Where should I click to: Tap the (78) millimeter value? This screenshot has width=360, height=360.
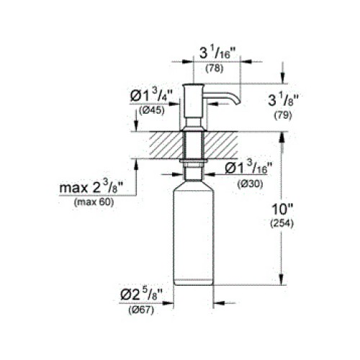coord(215,68)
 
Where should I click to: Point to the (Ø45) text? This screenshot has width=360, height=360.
coord(152,111)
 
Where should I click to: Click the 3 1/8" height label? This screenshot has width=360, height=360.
coord(283,100)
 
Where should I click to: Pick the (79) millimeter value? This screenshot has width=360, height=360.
coord(283,116)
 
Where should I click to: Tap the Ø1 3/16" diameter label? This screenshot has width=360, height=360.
coord(246,168)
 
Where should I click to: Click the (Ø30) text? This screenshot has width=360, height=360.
coord(251,184)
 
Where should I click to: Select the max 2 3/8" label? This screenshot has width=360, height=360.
coord(91,187)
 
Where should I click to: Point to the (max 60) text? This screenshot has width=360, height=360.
coord(94,202)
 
